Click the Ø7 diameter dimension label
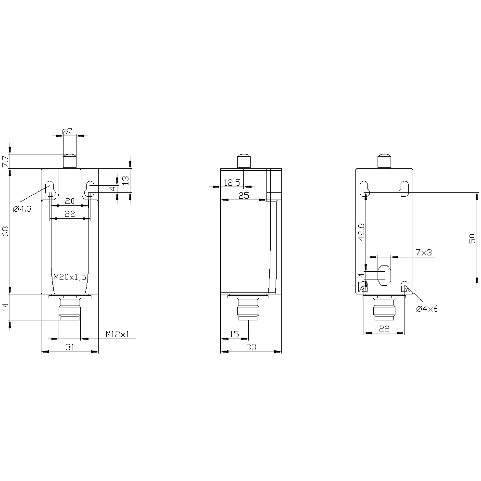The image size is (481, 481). [x=67, y=131]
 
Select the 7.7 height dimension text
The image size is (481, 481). [x=5, y=161]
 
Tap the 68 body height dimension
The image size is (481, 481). [x=5, y=231]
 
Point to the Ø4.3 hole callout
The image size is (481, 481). [x=23, y=209]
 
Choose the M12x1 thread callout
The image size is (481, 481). [x=118, y=334]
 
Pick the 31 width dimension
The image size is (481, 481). [x=70, y=347]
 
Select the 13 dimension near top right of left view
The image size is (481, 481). [x=126, y=180]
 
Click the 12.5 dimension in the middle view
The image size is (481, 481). [x=232, y=183]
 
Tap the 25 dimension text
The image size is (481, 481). [x=244, y=196]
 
